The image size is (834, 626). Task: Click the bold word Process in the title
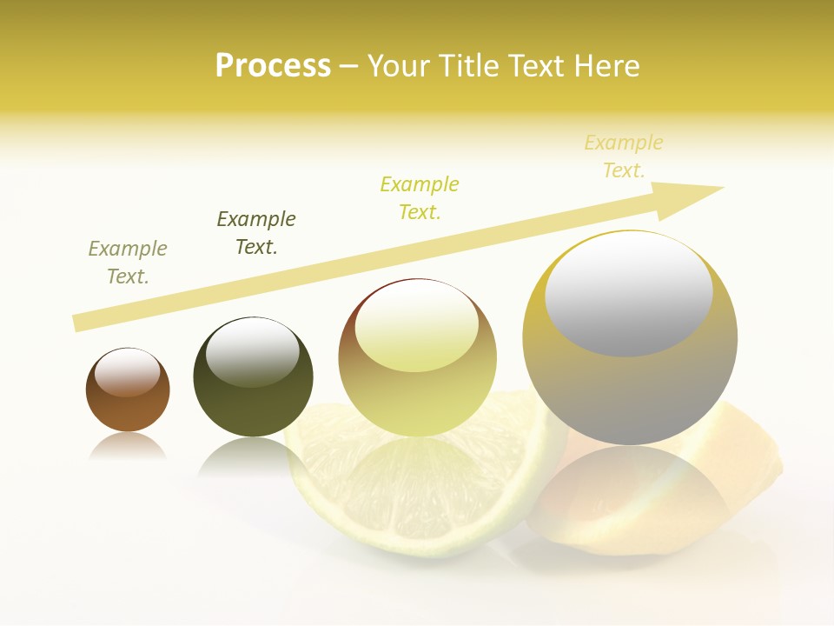pyautogui.click(x=273, y=66)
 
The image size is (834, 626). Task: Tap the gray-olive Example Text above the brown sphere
pyautogui.click(x=128, y=263)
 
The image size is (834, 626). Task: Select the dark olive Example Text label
pyautogui.click(x=256, y=233)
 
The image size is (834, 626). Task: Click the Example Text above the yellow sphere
pyautogui.click(x=420, y=198)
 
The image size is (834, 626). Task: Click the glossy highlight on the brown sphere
pyautogui.click(x=128, y=372)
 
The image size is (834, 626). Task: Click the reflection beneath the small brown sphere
pyautogui.click(x=128, y=448)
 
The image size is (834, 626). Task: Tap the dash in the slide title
pyautogui.click(x=348, y=66)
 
